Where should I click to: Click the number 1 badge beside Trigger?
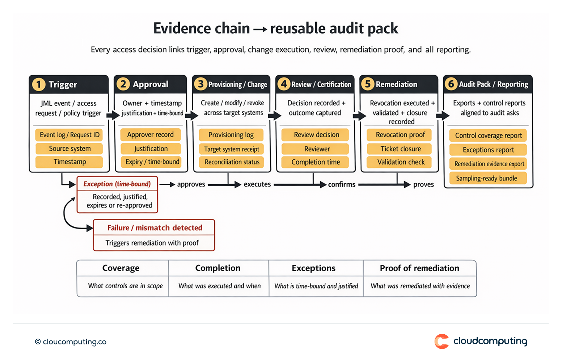pyautogui.click(x=39, y=84)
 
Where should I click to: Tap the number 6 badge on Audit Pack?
pyautogui.click(x=451, y=84)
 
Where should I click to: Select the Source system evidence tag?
pyautogui.click(x=69, y=148)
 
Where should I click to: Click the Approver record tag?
pyautogui.click(x=150, y=135)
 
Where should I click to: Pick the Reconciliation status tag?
pyautogui.click(x=232, y=162)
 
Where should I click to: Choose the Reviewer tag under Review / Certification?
pyautogui.click(x=317, y=149)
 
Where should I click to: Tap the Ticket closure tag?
pyautogui.click(x=400, y=149)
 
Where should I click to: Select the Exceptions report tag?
pyautogui.click(x=488, y=150)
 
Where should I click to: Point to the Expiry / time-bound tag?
pyautogui.click(x=152, y=162)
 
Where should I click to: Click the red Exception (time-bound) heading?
pyautogui.click(x=117, y=184)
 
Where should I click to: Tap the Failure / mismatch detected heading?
pyautogui.click(x=155, y=228)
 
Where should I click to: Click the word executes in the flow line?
pyautogui.click(x=257, y=184)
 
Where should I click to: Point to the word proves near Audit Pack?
pyautogui.click(x=423, y=184)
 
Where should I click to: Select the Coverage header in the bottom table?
pyautogui.click(x=121, y=268)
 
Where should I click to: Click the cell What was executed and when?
pyautogui.click(x=219, y=286)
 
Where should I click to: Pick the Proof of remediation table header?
pyautogui.click(x=419, y=268)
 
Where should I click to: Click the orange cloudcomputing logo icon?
pyautogui.click(x=441, y=341)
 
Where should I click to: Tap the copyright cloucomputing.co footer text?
pyautogui.click(x=71, y=342)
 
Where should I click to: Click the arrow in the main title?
pyautogui.click(x=260, y=29)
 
